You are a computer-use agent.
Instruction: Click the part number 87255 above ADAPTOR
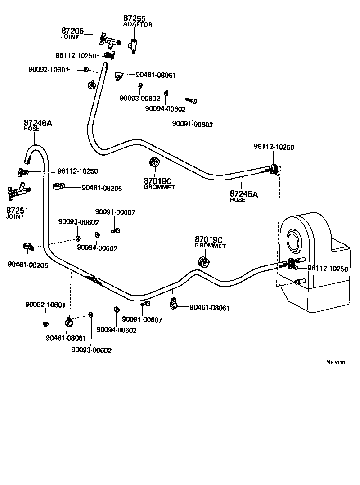(135, 18)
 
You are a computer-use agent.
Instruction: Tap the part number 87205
(72, 31)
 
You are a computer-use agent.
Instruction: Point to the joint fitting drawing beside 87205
(110, 42)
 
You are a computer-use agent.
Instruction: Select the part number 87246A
(38, 123)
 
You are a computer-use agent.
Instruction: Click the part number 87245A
(244, 194)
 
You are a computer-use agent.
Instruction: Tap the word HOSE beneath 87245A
(238, 200)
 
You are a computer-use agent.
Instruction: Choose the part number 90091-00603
(193, 125)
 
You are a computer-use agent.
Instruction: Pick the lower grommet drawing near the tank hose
(205, 262)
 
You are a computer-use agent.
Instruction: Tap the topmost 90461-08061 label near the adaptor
(156, 75)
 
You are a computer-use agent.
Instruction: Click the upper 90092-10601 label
(48, 69)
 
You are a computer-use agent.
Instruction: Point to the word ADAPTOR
(138, 24)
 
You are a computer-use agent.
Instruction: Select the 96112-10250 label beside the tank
(328, 269)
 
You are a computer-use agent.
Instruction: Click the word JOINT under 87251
(15, 217)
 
